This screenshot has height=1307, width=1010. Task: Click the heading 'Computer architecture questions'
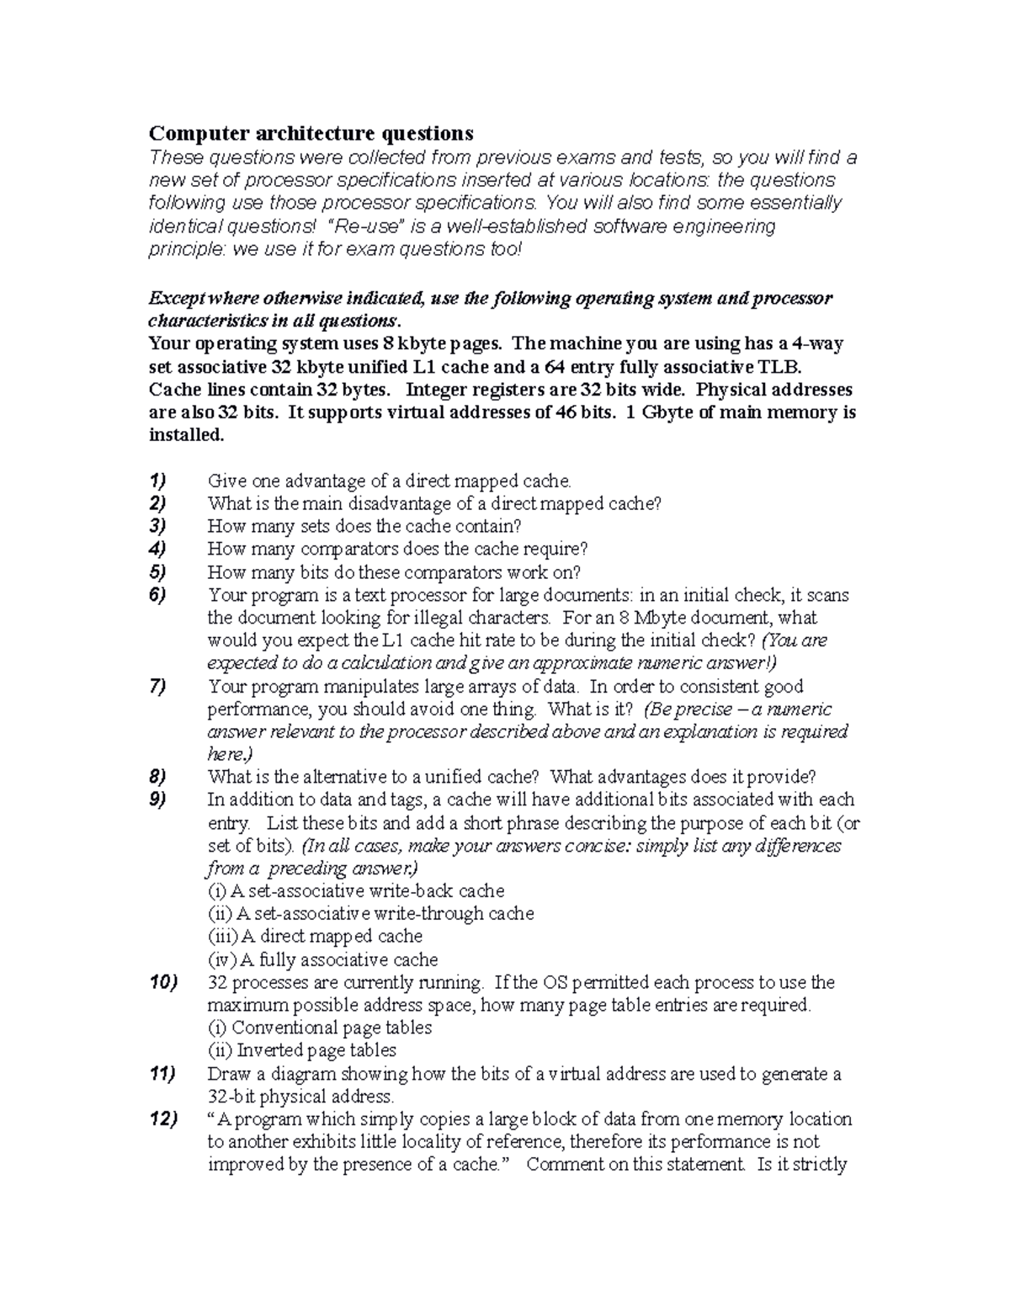311,133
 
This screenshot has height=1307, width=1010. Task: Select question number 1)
157,481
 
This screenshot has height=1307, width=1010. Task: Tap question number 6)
157,595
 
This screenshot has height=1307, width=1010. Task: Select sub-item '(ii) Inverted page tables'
301,1050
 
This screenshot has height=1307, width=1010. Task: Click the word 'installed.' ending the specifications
187,435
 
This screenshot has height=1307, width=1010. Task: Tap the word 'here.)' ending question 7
230,754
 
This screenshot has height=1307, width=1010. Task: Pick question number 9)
157,800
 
